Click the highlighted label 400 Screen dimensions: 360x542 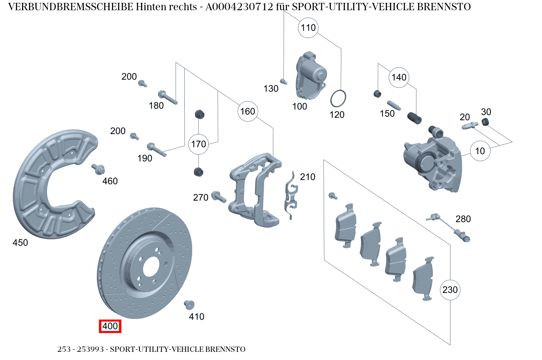coord(110,326)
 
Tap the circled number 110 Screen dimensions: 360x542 coord(309,28)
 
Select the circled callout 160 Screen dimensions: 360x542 coord(247,112)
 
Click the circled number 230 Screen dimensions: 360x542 coord(450,290)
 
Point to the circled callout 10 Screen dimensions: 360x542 coord(480,151)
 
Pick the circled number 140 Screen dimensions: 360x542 coord(399,77)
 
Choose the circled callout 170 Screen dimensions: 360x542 coord(198,144)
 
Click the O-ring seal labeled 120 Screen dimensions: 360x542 coord(339,98)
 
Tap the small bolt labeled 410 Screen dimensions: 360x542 coord(189,304)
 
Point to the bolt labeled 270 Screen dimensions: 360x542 coord(219,197)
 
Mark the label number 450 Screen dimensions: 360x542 coord(20,243)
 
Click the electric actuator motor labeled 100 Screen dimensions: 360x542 coord(311,76)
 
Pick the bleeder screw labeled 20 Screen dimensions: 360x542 coord(470,126)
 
